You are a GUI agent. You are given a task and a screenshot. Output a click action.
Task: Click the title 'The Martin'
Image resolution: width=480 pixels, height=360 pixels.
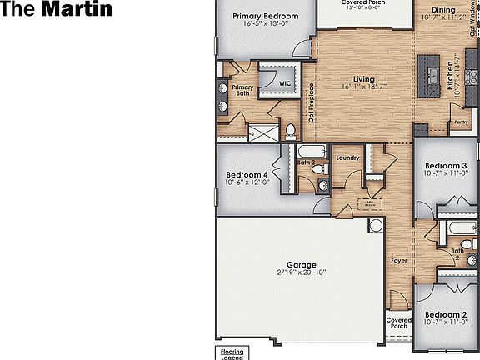pyautogui.click(x=57, y=11)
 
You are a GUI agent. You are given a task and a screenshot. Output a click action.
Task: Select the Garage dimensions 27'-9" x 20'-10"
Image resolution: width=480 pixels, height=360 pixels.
pyautogui.click(x=302, y=272)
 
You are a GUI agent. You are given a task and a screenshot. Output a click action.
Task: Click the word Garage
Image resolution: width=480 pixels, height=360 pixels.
pyautogui.click(x=302, y=264)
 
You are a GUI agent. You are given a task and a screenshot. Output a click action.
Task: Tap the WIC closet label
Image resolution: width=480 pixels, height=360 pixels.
pyautogui.click(x=285, y=83)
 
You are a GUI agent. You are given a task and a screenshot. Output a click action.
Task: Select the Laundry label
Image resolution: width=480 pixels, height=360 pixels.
pyautogui.click(x=347, y=157)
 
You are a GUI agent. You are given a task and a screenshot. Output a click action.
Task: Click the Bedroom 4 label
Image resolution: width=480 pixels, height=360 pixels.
pyautogui.click(x=247, y=175)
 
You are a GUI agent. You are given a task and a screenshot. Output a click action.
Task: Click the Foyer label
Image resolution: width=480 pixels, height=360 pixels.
pyautogui.click(x=399, y=261)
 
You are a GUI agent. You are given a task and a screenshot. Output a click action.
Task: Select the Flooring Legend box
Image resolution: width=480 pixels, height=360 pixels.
pyautogui.click(x=231, y=353)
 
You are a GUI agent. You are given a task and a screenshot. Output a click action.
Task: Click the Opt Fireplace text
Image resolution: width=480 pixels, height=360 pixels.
pyautogui.click(x=312, y=103)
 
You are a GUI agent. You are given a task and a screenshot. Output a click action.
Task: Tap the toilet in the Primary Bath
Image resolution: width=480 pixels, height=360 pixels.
pyautogui.click(x=291, y=130)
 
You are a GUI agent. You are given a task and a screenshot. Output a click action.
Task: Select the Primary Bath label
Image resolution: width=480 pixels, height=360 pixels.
pyautogui.click(x=243, y=91)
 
